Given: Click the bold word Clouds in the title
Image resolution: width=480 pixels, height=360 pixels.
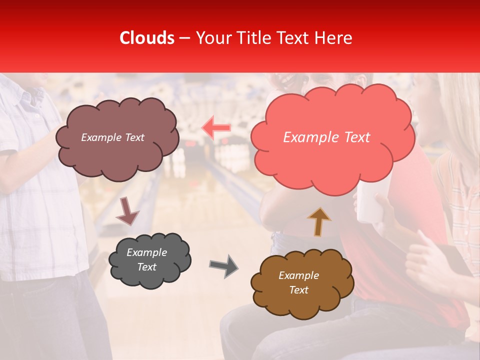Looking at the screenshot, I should click(147, 38).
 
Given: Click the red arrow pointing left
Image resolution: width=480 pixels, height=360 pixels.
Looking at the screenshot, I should click(216, 128).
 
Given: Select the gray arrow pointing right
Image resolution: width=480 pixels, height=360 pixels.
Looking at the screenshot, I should click(223, 266).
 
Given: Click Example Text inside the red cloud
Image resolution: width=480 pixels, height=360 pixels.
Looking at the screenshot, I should click(326, 137).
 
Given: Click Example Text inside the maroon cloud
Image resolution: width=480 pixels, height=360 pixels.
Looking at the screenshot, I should click(112, 137).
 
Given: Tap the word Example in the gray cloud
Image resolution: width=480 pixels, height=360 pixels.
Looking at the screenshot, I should click(146, 252).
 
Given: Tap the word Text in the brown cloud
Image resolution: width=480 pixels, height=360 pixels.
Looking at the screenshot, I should click(299, 290).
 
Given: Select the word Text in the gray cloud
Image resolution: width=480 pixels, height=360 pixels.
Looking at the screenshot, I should click(146, 267).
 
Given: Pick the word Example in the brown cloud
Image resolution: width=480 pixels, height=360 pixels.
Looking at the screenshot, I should click(298, 275).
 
